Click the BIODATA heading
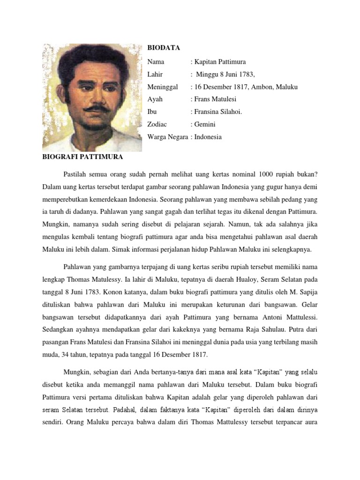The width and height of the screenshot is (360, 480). [x=164, y=48]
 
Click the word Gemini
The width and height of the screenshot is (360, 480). [x=206, y=125]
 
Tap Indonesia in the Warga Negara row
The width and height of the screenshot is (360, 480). [x=209, y=137]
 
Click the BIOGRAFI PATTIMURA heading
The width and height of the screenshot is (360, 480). [x=82, y=156]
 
